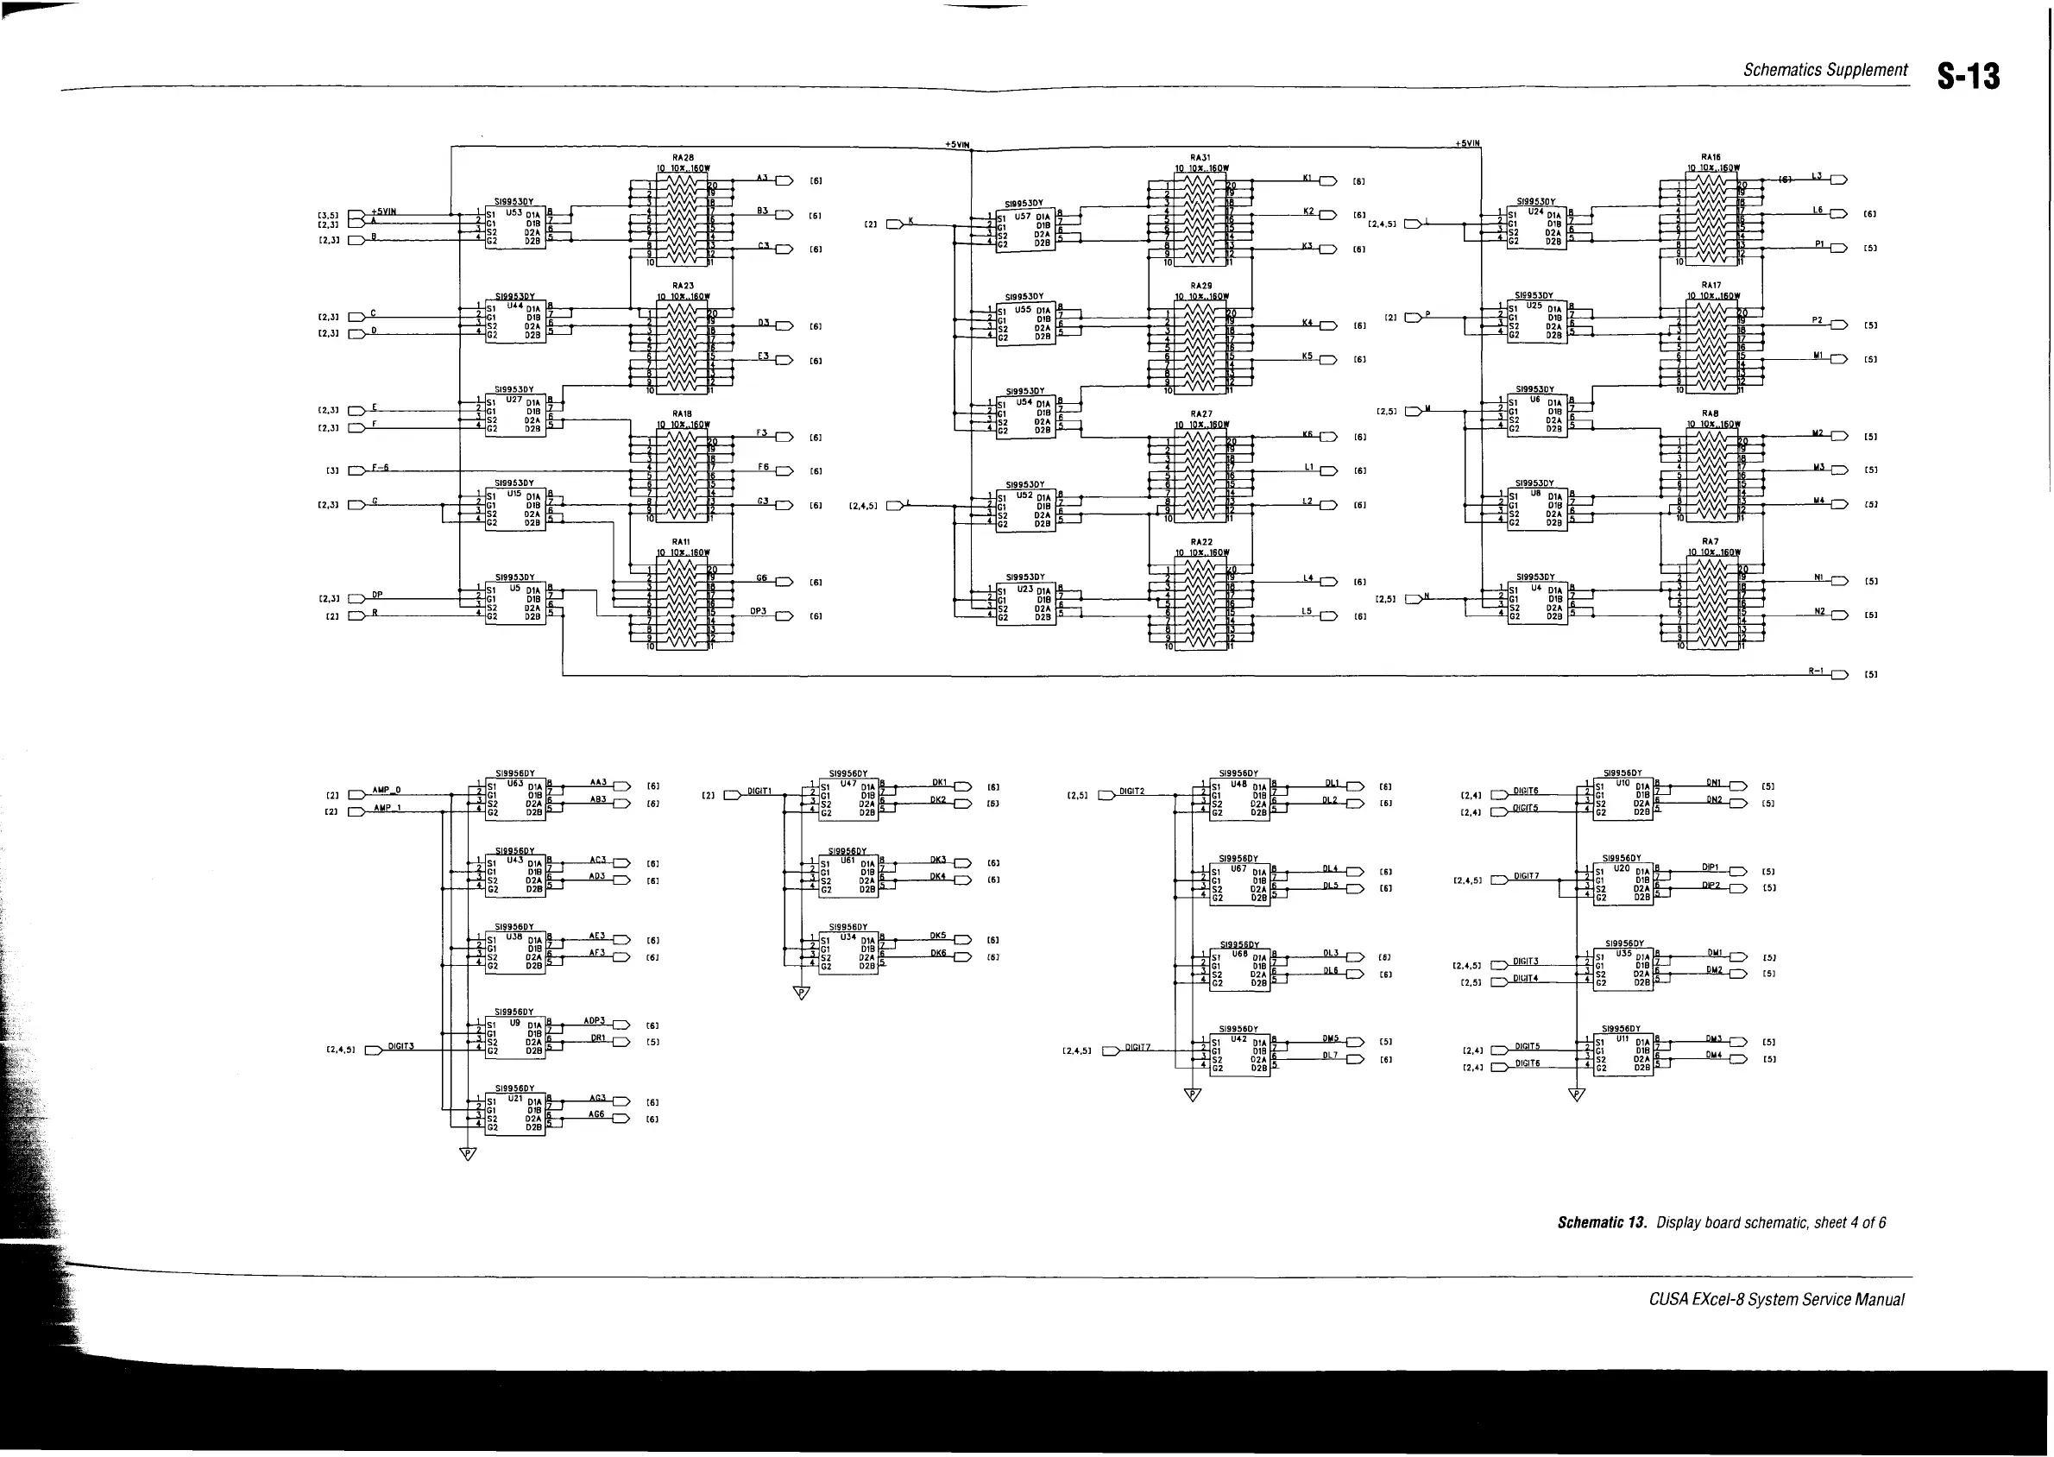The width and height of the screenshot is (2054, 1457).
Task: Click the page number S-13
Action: [x=1968, y=76]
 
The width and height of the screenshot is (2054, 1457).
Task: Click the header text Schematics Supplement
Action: [x=1824, y=70]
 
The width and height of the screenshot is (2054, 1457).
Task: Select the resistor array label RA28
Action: [x=683, y=158]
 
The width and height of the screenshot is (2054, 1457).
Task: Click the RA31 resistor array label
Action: [x=1201, y=158]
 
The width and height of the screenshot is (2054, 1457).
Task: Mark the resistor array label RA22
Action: [x=1201, y=542]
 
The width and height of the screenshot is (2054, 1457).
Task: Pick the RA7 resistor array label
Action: [x=1710, y=541]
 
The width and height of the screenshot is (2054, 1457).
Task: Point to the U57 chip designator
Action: [x=1023, y=215]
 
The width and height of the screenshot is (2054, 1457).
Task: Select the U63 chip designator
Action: [x=515, y=783]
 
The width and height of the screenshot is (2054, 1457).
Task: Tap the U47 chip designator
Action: [x=847, y=783]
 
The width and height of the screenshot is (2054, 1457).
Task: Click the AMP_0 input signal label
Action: [x=387, y=790]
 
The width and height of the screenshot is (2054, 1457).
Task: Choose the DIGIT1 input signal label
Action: [x=759, y=791]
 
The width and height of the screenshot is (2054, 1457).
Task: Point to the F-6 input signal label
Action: [x=381, y=468]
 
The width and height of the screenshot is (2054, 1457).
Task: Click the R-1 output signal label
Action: [x=1816, y=670]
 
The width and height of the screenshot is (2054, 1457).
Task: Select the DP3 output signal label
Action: [x=758, y=611]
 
